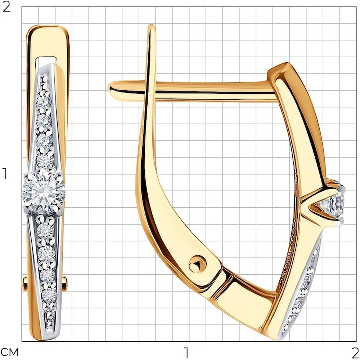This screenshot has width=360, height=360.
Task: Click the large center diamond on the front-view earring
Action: point(44,193)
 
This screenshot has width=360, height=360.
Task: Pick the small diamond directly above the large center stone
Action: point(45,160)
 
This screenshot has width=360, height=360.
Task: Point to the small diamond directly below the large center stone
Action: point(45,230)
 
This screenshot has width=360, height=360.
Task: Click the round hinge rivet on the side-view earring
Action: point(197,264)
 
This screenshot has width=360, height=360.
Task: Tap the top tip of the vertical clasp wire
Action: point(151,25)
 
